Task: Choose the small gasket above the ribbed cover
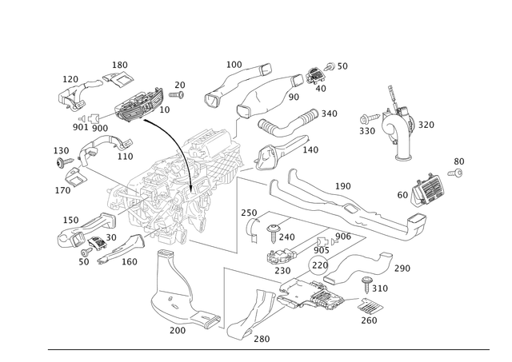coord(120,72)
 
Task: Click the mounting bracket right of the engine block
coord(268,156)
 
